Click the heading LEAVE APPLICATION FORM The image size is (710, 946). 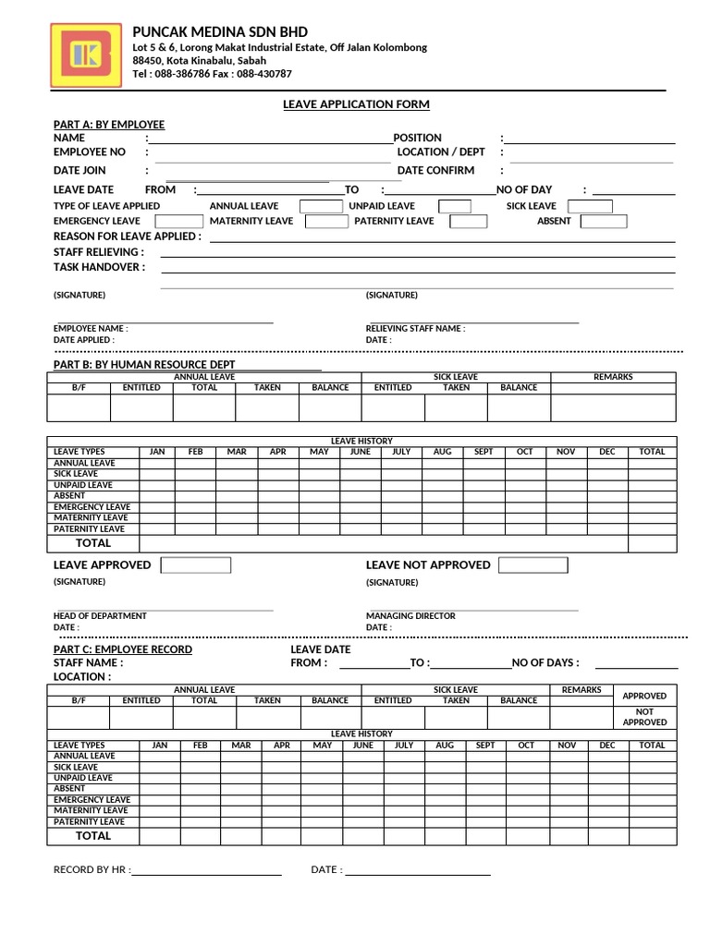point(356,104)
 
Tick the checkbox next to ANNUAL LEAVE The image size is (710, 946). point(321,206)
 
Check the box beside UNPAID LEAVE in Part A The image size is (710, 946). point(454,206)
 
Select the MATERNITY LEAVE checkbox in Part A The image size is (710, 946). point(326,222)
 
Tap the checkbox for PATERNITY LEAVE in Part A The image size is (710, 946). point(469,222)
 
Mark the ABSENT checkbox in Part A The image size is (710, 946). point(604,222)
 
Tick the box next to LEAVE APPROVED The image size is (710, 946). point(196,565)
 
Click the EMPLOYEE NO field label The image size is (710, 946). point(90,152)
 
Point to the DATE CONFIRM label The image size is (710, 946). point(435,171)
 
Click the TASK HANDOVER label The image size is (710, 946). point(99,267)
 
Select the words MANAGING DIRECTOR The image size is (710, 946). point(410,616)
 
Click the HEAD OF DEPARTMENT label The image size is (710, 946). point(100,616)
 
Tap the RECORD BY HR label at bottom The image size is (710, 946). point(92,870)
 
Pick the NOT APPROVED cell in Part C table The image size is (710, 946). point(644,717)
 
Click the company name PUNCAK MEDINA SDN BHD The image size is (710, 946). point(220,32)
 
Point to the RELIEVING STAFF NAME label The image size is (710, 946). point(415,329)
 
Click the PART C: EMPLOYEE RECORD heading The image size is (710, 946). point(123,650)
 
